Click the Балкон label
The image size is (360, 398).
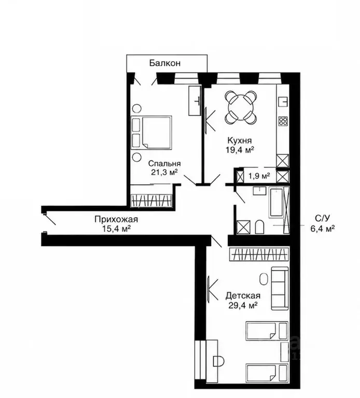coord(165,63)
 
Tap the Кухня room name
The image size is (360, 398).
coord(240,140)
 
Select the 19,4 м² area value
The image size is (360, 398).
coord(240,150)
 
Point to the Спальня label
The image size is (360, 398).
coord(164,163)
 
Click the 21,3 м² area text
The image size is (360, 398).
coord(164,173)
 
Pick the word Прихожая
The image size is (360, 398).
coord(116,219)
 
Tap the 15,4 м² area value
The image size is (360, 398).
coord(116,229)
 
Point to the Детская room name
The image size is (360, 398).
coord(243,296)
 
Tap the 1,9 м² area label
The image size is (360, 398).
coord(259,176)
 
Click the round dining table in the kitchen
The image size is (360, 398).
coord(240,107)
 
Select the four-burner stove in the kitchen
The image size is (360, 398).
coord(283,121)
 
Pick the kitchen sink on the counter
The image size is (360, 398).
coord(283,102)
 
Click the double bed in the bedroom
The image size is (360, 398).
coord(151,133)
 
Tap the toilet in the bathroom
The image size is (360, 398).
coord(259,227)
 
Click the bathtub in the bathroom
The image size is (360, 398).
coord(276,202)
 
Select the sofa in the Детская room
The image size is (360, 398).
coord(280,288)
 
